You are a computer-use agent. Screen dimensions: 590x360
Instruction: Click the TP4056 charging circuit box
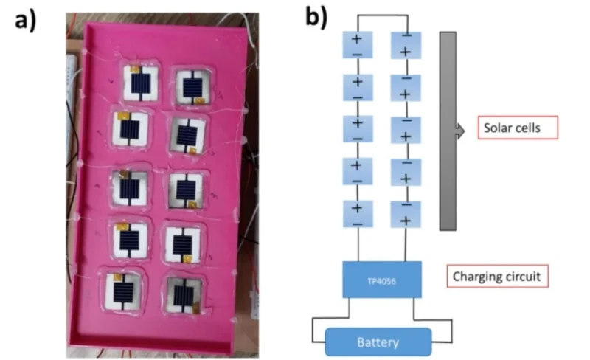coord(382,280)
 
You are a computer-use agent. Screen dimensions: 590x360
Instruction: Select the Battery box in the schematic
coord(378,342)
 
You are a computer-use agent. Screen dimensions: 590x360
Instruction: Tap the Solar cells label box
coord(518,128)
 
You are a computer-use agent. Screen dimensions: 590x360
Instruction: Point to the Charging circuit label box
coord(497,277)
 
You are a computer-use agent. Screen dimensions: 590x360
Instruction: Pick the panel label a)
coord(25,21)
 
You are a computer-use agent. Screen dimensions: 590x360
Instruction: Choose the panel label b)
coord(316,18)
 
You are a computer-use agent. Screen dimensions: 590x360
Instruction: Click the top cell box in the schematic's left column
coord(358,45)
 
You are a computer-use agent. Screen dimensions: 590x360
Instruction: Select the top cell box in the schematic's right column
coord(406,45)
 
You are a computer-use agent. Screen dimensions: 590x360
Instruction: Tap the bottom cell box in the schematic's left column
coord(358,214)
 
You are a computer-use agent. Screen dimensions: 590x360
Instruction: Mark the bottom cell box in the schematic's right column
coord(406,214)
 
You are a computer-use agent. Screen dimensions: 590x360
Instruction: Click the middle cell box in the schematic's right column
coord(406,130)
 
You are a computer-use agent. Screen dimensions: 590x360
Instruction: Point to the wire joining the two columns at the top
coord(382,15)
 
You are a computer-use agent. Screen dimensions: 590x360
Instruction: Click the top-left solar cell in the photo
coord(141,83)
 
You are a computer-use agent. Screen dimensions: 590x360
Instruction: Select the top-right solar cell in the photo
coord(193,86)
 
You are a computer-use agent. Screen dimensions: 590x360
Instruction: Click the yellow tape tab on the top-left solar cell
coord(134,69)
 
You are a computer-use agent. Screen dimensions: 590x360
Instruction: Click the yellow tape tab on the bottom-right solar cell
coord(196,308)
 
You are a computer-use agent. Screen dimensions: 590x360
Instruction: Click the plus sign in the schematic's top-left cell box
coord(357,39)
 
